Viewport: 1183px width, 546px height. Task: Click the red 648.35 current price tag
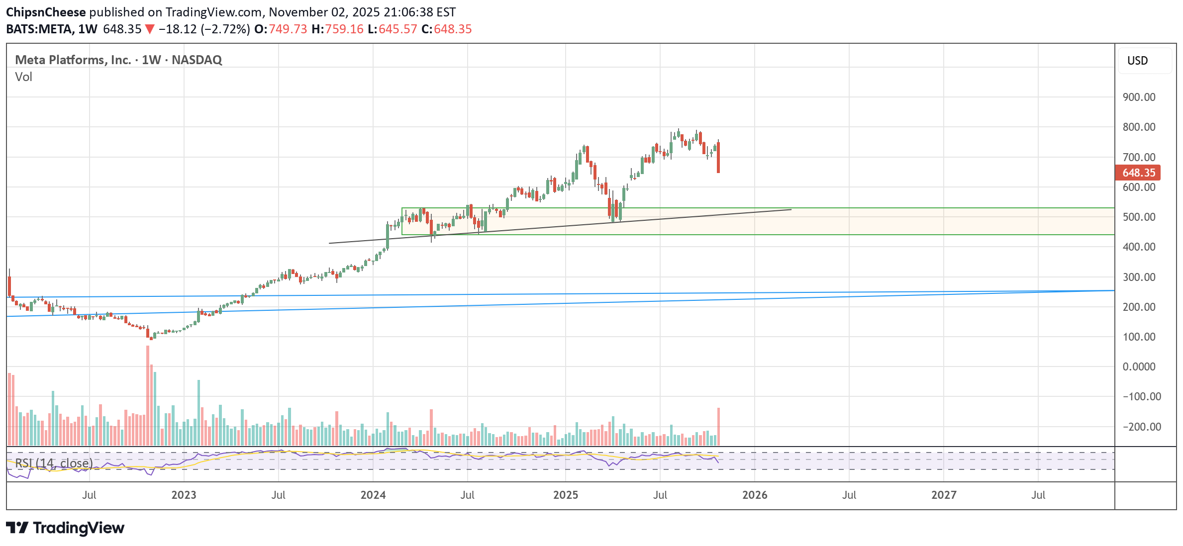point(1138,173)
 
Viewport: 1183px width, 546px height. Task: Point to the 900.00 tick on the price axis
point(1139,97)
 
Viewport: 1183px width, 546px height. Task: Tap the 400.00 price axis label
point(1139,247)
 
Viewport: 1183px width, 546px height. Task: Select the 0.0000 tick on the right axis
point(1139,366)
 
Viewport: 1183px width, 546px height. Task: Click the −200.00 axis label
point(1142,427)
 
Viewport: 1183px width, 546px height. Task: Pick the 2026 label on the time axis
point(754,495)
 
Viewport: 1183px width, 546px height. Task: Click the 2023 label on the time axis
point(184,495)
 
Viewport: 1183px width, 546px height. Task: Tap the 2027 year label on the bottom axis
point(943,495)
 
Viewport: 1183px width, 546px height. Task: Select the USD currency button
point(1137,61)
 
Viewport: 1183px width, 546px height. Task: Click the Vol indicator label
point(23,77)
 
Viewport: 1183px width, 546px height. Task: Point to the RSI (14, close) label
point(54,463)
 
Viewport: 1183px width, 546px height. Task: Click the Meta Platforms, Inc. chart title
point(73,60)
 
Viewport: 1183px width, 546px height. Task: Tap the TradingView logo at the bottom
point(65,528)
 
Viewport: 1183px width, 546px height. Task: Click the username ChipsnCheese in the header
point(46,12)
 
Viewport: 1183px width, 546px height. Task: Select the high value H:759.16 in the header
point(338,29)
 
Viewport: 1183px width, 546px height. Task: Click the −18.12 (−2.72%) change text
point(204,29)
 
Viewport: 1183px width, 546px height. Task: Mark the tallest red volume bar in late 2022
point(148,395)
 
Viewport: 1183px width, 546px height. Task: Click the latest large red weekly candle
point(718,157)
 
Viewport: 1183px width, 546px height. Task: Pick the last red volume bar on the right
point(718,426)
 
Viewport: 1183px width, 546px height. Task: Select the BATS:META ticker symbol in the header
point(39,29)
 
